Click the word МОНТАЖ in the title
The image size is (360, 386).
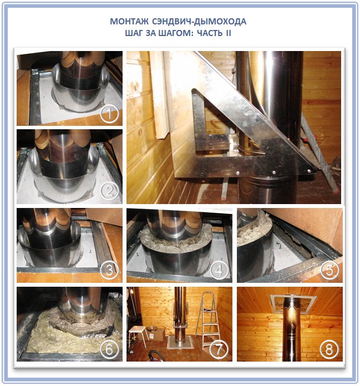coord(129,22)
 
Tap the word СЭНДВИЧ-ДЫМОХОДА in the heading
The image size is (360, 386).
coord(199,22)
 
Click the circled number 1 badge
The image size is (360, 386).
coord(110,114)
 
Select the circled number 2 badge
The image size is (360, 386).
coord(110,191)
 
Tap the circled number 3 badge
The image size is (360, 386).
coord(110,270)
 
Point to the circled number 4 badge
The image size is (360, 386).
coord(219,270)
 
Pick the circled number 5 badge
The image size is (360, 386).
coord(329,270)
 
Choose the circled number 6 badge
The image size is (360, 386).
coord(110,349)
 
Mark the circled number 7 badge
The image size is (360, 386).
coord(219,349)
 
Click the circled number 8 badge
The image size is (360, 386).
coord(329,349)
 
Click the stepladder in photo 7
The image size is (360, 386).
coord(208,321)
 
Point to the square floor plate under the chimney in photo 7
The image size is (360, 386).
coord(180,343)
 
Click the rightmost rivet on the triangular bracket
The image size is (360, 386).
coord(309,171)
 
